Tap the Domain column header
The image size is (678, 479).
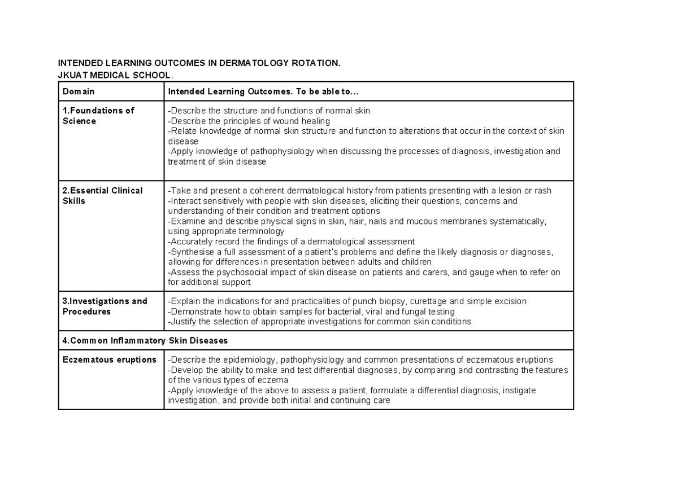pos(79,91)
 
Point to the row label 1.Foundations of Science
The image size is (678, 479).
pos(98,116)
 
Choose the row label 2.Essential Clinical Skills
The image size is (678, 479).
pos(102,196)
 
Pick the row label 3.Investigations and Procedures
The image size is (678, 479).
pos(105,306)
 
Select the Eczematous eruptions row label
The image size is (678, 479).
pos(110,360)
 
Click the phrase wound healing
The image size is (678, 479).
pos(305,121)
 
